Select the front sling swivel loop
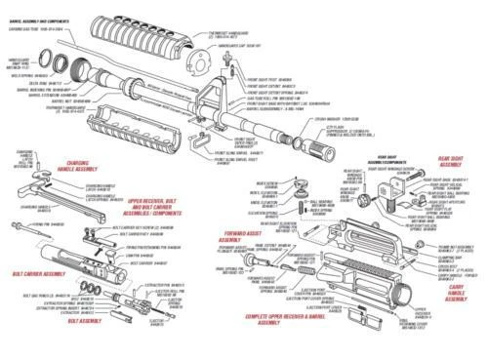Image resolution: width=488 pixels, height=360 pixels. point(201,141)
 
